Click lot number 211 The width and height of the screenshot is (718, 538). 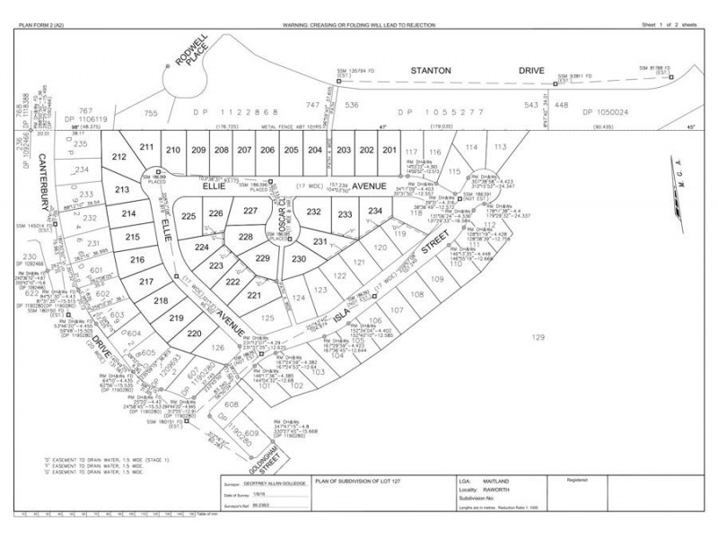(147, 146)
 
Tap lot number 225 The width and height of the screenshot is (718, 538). (188, 217)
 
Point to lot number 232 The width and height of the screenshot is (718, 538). (313, 213)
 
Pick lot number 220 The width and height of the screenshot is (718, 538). (195, 334)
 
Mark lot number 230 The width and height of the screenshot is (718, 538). (299, 259)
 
